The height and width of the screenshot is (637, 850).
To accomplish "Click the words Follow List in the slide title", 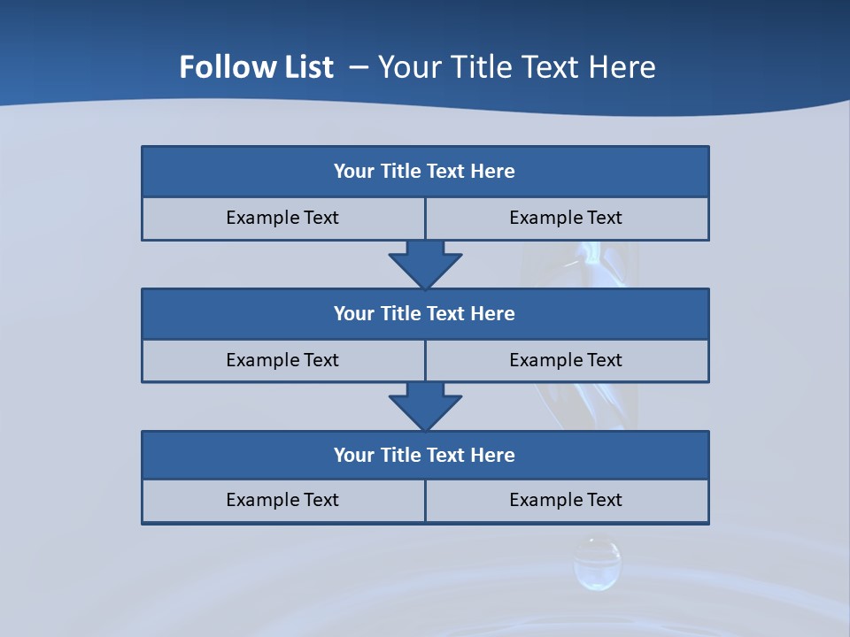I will [256, 67].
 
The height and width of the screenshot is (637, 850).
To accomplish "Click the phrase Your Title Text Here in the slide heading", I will [516, 67].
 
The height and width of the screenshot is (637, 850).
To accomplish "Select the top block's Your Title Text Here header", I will [424, 172].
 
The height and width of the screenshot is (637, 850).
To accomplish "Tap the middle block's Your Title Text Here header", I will [424, 313].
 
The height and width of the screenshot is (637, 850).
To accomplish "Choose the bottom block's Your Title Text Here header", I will [424, 455].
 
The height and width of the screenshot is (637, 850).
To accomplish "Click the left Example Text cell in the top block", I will [282, 218].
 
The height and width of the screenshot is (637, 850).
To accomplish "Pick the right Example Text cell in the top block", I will [566, 218].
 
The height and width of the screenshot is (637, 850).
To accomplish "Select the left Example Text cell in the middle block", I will [282, 360].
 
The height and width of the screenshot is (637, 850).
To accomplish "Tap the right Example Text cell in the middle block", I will [566, 360].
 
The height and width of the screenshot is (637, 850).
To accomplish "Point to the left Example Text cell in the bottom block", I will [282, 500].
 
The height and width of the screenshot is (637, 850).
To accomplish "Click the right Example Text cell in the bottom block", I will [566, 500].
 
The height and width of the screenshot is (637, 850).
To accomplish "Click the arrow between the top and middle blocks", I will [425, 264].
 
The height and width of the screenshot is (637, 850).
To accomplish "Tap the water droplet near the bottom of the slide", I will [597, 564].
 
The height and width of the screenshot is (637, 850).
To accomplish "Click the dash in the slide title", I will [359, 67].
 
